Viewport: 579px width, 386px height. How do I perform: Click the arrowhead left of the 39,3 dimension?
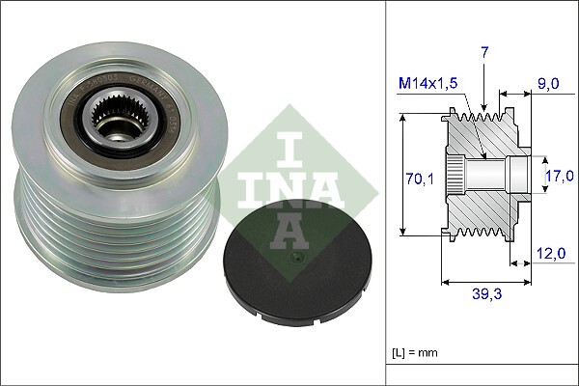(445, 283)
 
